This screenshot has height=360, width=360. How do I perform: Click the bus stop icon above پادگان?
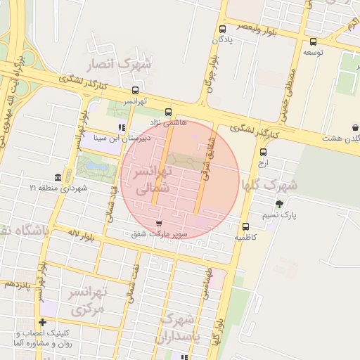click(223, 30)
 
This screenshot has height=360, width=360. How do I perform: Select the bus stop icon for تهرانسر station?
click(134, 90)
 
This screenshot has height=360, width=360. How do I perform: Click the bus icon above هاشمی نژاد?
click(168, 111)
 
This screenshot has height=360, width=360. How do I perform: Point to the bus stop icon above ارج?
click(263, 152)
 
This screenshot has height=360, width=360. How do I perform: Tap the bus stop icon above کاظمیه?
click(245, 226)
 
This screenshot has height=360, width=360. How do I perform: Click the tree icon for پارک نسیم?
click(280, 204)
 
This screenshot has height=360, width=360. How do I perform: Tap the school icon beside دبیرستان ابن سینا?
click(122, 128)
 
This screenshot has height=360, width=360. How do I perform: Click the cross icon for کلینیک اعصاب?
click(43, 323)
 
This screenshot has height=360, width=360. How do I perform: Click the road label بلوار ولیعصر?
click(257, 28)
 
